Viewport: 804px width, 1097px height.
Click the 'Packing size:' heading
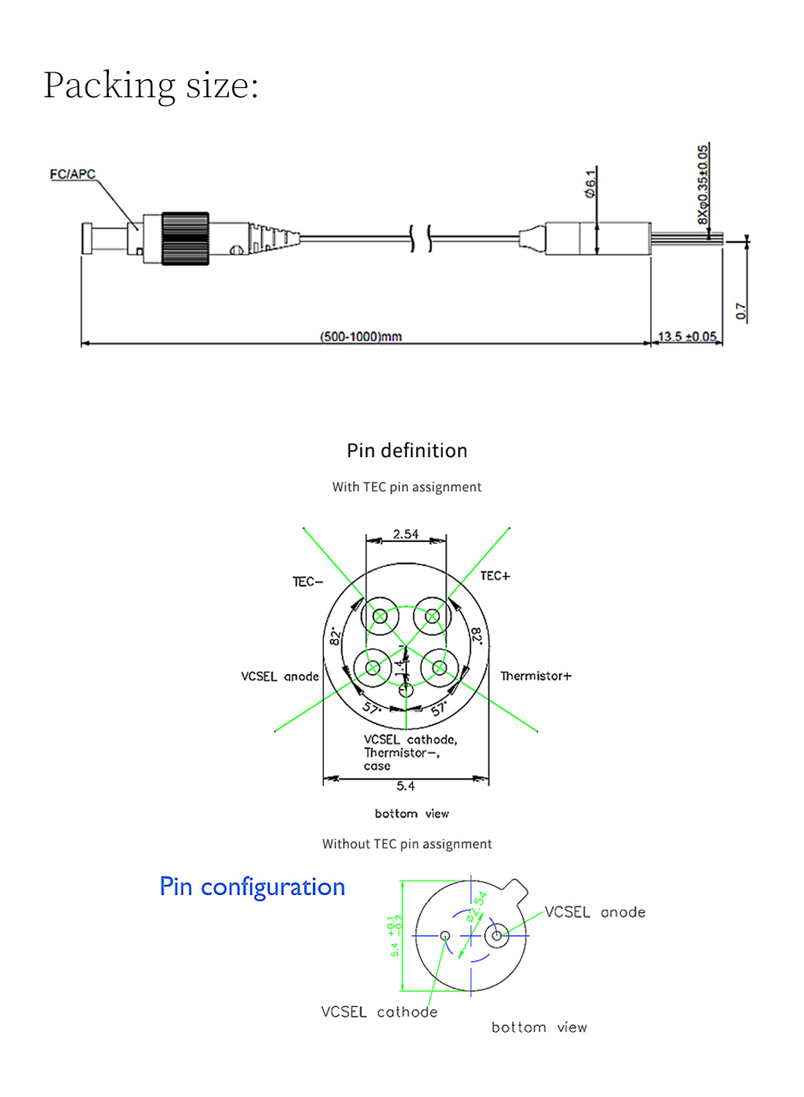click(151, 85)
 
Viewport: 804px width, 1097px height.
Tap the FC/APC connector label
click(72, 174)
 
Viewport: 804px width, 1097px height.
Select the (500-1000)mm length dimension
click(360, 336)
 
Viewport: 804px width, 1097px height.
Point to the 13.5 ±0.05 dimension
click(687, 336)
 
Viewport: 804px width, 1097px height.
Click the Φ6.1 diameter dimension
click(590, 183)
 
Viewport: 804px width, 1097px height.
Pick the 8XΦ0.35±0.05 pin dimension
click(702, 184)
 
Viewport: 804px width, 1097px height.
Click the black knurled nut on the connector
click(185, 238)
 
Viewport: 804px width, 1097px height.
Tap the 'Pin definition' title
click(407, 451)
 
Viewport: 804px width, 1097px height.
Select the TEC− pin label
click(307, 581)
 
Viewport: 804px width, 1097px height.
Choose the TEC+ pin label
click(495, 576)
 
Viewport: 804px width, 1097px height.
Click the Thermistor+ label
click(536, 676)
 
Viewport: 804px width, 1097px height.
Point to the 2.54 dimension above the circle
click(406, 534)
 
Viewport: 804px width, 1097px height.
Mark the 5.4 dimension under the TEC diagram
click(406, 786)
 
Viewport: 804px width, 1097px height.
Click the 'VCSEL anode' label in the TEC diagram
click(280, 676)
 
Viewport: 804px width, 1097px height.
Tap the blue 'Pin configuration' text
click(252, 886)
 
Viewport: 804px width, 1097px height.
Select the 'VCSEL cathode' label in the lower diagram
click(379, 1012)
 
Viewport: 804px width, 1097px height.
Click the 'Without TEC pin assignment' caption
click(407, 844)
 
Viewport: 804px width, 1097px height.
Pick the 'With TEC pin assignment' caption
click(407, 487)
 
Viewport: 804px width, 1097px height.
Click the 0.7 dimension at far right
click(741, 311)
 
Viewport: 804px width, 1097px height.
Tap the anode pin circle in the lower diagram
click(497, 935)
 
